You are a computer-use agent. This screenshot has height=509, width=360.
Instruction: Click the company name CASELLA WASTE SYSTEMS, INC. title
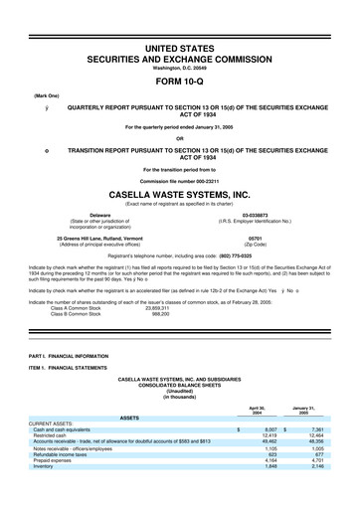[x=180, y=197]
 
